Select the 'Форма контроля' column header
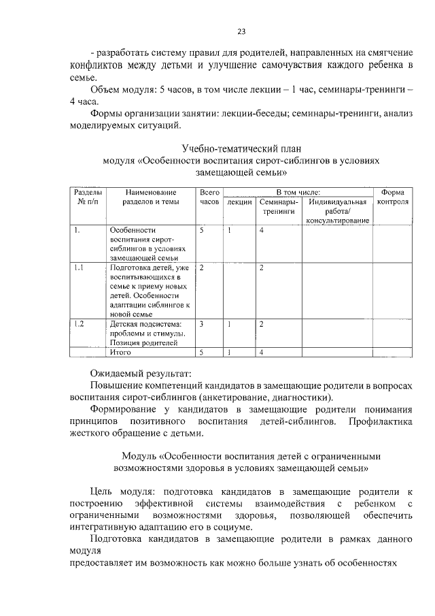pos(393,197)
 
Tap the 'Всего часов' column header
pos(210,197)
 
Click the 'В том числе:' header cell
pos(298,193)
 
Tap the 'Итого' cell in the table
pos(120,353)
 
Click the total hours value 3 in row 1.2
pos(202,323)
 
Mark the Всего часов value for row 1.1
pos(202,268)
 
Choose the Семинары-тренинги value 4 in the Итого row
pos(262,353)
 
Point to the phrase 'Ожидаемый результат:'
pos(141,373)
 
